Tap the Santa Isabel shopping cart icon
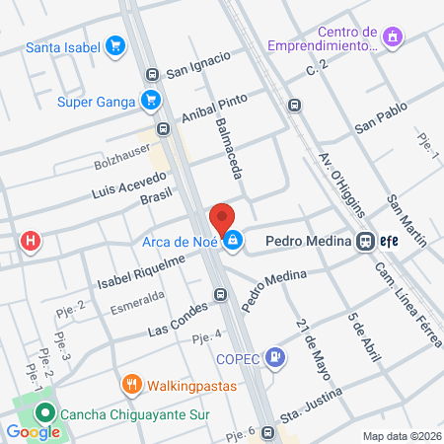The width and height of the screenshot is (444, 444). [116, 45]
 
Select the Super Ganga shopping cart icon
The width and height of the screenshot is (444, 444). [150, 99]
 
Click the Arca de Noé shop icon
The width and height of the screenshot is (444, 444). [233, 240]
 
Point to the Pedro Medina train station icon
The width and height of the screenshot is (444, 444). [365, 240]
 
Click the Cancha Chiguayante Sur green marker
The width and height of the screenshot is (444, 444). [42, 414]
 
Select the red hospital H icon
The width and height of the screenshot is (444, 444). [32, 240]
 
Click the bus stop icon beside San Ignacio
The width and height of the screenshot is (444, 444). [152, 73]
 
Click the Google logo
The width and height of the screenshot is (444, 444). [34, 431]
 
